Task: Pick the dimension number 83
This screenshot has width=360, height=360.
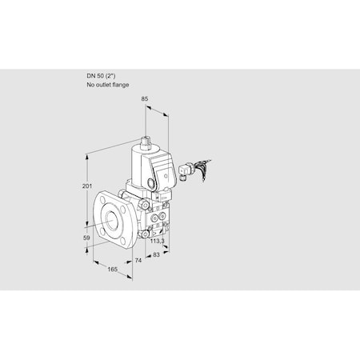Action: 157,255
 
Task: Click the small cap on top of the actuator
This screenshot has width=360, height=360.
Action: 147,145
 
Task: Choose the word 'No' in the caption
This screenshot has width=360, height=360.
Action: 91,85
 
